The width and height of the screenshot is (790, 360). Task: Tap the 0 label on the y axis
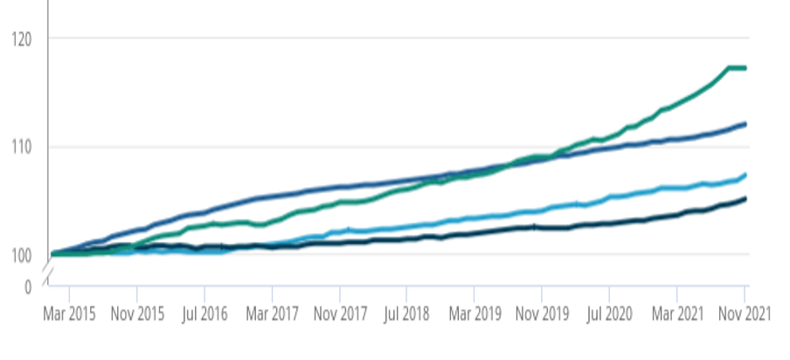coord(28,286)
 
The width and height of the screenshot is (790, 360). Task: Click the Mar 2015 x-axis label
coord(69,313)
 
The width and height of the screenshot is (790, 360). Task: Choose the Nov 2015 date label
coord(138,313)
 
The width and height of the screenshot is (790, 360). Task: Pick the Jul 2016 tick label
coord(204,313)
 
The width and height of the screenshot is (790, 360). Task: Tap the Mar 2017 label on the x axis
coord(272,313)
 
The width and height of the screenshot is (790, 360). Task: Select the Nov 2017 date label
coord(340,313)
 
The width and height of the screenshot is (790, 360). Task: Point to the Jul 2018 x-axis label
coord(406,313)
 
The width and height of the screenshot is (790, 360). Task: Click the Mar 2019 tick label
coord(474,313)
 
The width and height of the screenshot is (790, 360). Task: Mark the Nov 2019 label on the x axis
coord(542,313)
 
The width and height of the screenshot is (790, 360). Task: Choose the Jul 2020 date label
coord(608,313)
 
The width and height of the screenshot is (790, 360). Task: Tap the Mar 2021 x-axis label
coord(676,313)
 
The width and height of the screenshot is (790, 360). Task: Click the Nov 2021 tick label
coord(745,313)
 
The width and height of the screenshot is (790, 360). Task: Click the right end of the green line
coord(745,68)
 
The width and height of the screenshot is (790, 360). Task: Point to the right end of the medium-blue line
coord(745,124)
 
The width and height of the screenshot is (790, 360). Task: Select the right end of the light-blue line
coord(745,175)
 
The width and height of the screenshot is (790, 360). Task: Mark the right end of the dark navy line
coord(745,198)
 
